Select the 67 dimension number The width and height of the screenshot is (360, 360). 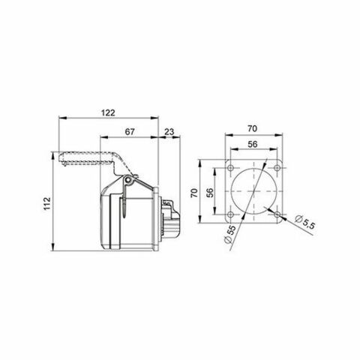(x=129, y=132)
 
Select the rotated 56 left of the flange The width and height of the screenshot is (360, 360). (x=211, y=193)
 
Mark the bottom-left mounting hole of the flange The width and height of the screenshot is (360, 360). (x=232, y=212)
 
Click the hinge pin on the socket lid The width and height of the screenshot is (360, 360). (x=129, y=181)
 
